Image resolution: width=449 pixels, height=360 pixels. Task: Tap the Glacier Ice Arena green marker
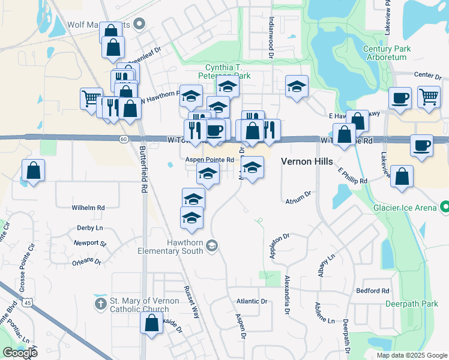[x=444, y=208]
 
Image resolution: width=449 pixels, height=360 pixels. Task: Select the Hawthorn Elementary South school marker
[x=211, y=245]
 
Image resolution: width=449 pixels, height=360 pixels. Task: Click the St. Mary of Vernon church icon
[x=100, y=305]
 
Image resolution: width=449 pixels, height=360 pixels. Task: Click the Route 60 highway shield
[x=123, y=139]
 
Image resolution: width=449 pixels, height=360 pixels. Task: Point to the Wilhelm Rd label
[x=88, y=208]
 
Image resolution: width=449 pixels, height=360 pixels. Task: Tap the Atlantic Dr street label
[x=252, y=301]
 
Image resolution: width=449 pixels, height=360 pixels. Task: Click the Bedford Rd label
[x=373, y=291]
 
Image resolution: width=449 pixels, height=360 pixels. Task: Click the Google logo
[x=20, y=353]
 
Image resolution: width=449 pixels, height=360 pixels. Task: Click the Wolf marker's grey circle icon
[x=140, y=25]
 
